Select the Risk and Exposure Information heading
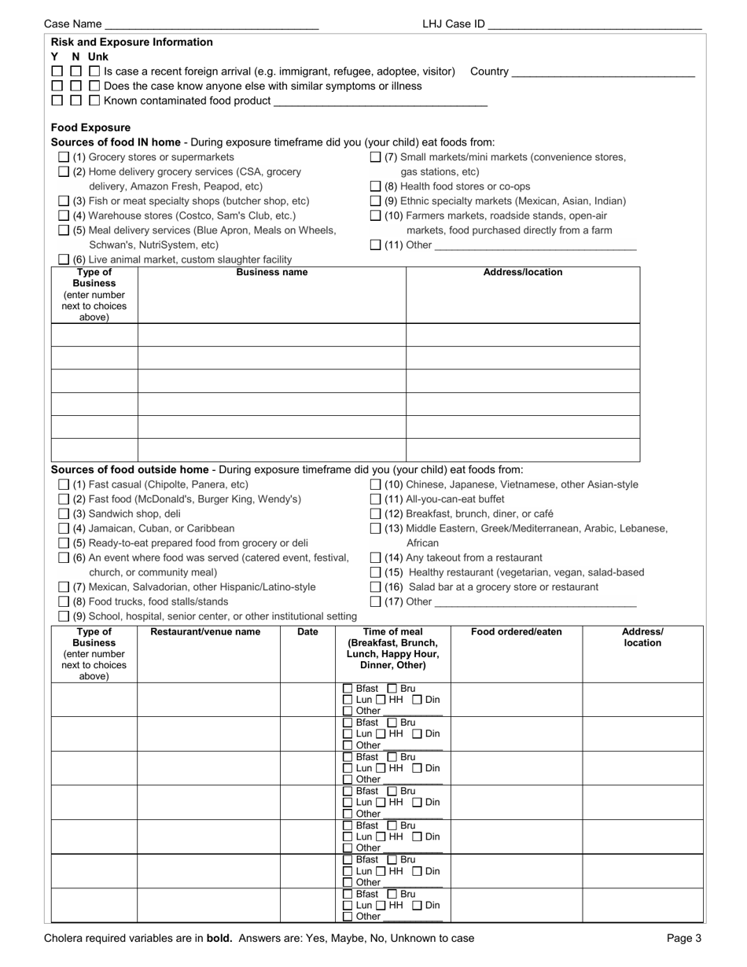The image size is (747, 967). (x=131, y=42)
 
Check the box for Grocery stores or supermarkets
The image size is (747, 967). (x=64, y=157)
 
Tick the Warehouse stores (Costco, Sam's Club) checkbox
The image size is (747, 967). (x=64, y=215)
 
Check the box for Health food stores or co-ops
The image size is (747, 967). (x=376, y=186)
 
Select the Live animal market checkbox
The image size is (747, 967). (x=64, y=259)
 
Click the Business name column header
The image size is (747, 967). (x=272, y=273)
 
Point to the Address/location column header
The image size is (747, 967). (x=522, y=273)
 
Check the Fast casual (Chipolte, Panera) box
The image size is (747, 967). (x=64, y=484)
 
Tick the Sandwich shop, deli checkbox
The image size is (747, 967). (x=64, y=513)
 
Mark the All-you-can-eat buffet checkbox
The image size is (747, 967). (x=376, y=499)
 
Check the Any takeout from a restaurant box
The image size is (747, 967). (x=376, y=557)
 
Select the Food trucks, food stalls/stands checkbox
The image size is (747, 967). (x=64, y=601)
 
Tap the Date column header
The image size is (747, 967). (x=307, y=632)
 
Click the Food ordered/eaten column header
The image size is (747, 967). (x=517, y=632)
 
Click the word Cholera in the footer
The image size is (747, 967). (x=64, y=938)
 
